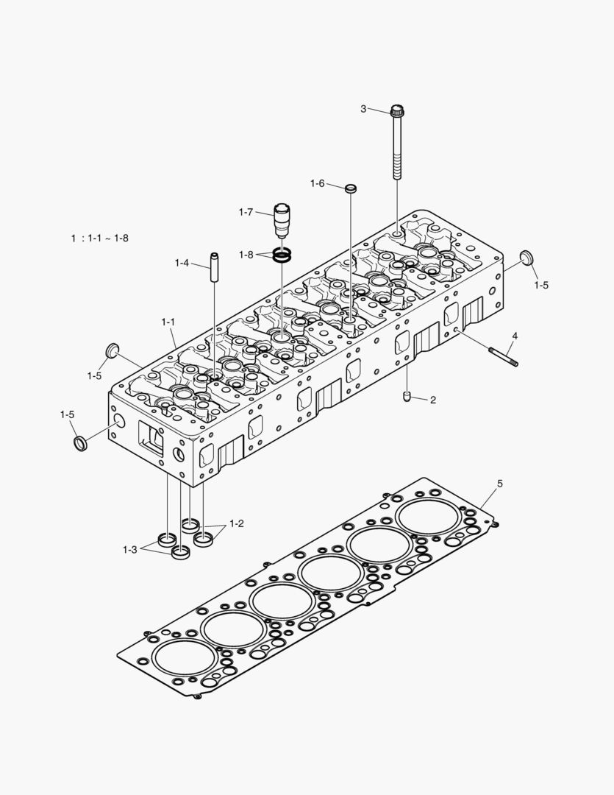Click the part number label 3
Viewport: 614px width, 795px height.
coord(363,109)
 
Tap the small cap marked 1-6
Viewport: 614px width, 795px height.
coord(351,188)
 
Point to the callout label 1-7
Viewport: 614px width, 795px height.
coord(246,212)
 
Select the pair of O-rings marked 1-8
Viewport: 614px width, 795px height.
coord(282,255)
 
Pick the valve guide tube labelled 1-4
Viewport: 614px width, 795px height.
coord(215,268)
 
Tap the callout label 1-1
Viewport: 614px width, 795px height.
coord(168,322)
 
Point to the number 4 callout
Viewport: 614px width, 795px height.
coord(515,336)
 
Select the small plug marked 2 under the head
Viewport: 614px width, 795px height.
coord(407,397)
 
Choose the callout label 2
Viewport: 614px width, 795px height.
coord(433,400)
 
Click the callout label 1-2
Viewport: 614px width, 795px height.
coord(236,523)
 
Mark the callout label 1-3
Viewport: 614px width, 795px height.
coord(130,549)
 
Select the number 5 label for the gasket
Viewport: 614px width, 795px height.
coord(500,484)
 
